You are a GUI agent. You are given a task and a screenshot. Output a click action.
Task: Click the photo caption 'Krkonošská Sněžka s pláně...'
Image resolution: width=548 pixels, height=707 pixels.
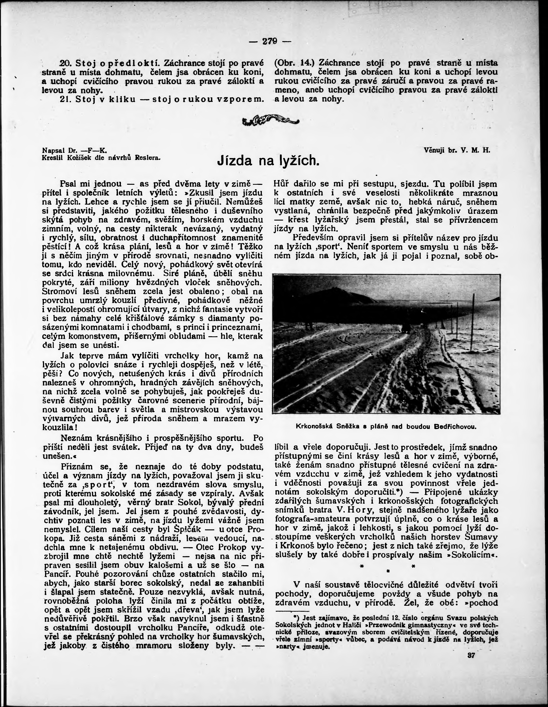[386, 427]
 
